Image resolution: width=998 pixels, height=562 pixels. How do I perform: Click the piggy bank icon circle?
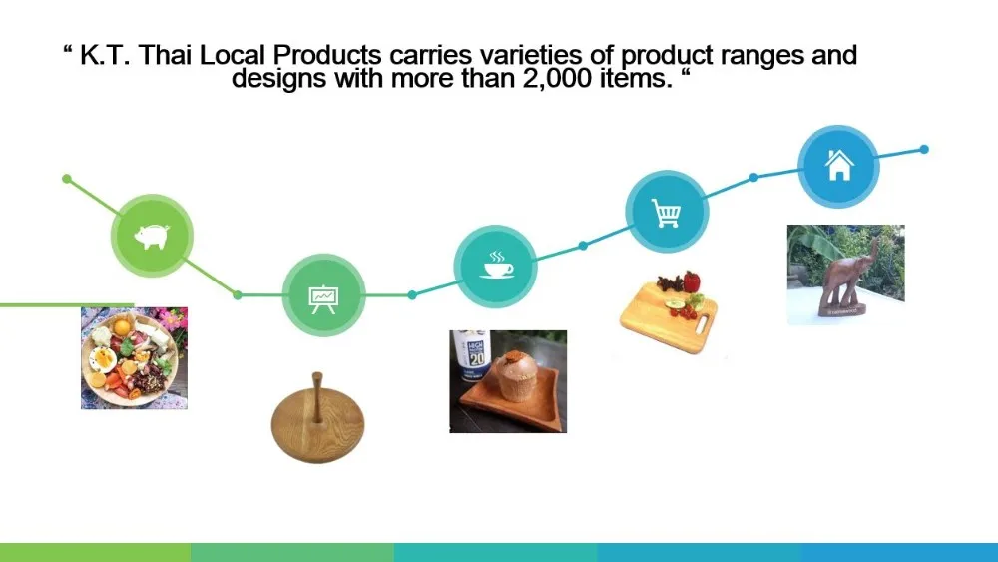click(152, 236)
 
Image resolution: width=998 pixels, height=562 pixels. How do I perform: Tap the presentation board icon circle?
click(323, 295)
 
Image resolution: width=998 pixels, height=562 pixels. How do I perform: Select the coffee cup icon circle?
click(495, 267)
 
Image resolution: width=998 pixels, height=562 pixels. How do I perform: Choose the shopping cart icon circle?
click(667, 212)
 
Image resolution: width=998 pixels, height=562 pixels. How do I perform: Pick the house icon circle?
click(839, 166)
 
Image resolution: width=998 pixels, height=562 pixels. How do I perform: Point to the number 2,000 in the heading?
click(557, 78)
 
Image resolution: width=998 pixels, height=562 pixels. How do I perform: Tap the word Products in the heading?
click(327, 55)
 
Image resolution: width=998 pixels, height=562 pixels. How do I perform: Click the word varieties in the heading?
click(532, 55)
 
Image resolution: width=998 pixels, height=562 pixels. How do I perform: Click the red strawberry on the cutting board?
click(691, 281)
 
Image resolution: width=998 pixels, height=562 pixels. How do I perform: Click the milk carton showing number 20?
click(470, 356)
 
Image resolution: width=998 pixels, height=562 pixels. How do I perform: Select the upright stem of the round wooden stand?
click(317, 398)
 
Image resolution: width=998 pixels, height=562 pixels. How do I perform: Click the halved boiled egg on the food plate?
click(103, 359)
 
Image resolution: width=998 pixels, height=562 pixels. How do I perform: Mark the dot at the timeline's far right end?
click(924, 149)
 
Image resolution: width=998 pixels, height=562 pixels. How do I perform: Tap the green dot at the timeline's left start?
click(67, 179)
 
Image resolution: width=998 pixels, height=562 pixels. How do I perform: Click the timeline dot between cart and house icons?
click(753, 177)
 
